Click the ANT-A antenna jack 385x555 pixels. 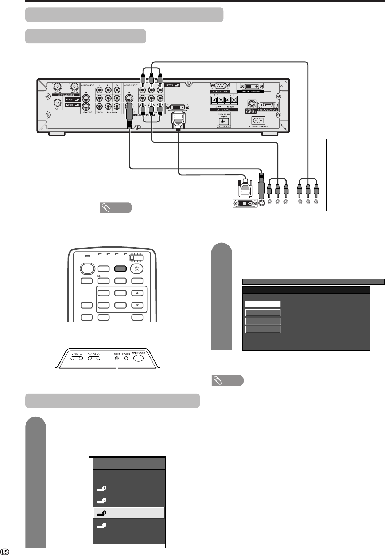tap(57, 87)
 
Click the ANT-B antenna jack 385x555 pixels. tap(75, 87)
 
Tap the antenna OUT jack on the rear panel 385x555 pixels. tap(57, 103)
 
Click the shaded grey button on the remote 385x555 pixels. tap(120, 268)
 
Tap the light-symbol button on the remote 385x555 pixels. tap(137, 268)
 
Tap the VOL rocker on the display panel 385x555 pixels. tap(76, 359)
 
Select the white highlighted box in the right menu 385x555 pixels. tap(263, 304)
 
